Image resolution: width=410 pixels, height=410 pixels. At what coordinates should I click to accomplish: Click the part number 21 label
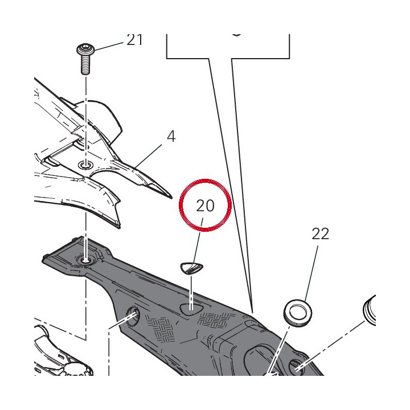click(134, 40)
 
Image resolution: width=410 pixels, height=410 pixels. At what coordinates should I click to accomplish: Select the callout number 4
click(171, 137)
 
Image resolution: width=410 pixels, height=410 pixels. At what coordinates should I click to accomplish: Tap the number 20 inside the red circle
click(205, 206)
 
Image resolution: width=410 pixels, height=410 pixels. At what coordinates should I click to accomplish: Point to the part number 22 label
click(320, 234)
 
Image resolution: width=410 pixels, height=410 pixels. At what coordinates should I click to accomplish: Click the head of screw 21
click(85, 50)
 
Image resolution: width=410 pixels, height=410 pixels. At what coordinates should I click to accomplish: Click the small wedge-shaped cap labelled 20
click(191, 268)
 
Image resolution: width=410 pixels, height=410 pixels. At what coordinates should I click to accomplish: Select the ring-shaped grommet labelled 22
click(298, 313)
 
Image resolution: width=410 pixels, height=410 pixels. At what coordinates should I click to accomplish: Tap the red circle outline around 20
click(205, 179)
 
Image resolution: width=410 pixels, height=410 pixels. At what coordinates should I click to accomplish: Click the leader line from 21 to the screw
click(109, 46)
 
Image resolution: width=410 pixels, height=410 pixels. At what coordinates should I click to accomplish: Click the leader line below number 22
click(311, 273)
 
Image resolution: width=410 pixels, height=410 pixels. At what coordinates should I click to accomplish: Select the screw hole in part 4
click(86, 165)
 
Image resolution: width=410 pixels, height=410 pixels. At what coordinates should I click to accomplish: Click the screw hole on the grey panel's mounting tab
click(86, 260)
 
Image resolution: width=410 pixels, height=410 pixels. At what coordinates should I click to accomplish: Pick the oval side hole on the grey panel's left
click(133, 317)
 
